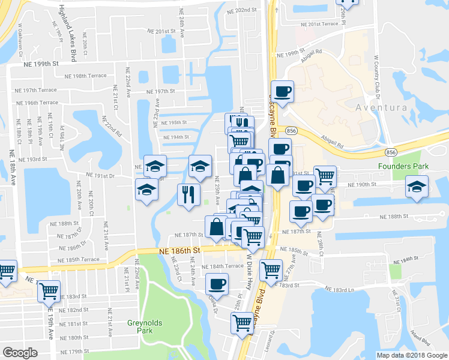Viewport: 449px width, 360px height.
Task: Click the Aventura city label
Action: tap(381, 107)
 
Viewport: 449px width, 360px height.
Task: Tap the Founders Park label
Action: tap(399, 166)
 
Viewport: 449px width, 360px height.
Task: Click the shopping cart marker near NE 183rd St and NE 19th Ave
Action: tap(49, 291)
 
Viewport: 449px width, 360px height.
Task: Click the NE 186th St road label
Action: tap(179, 250)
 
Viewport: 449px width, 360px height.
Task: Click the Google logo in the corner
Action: tap(20, 353)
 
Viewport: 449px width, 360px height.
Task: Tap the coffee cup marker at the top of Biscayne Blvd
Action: tap(282, 91)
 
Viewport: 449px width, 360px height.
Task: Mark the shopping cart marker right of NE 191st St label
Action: tap(325, 176)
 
